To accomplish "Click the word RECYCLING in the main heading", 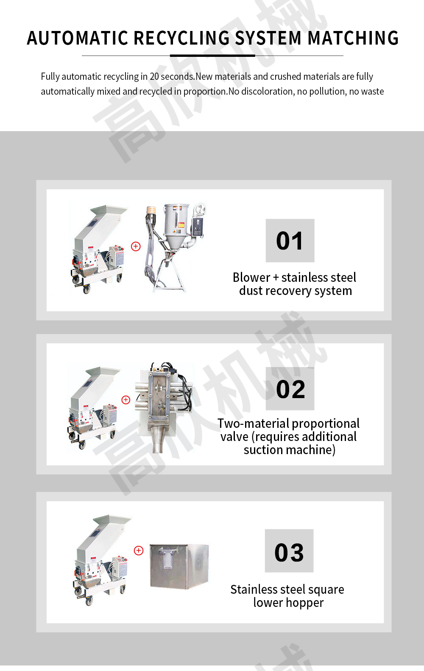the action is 181,38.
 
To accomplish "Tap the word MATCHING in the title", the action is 353,38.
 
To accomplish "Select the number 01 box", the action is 290,241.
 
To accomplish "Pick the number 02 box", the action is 290,388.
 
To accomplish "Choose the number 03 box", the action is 289,551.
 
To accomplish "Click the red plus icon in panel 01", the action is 136,246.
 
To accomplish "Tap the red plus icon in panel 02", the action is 126,400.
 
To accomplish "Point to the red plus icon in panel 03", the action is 139,550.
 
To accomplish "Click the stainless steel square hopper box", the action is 179,567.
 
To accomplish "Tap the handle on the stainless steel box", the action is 169,558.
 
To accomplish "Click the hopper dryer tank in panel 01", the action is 177,227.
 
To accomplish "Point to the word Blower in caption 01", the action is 251,278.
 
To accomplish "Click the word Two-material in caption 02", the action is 253,424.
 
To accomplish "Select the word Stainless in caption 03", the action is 254,589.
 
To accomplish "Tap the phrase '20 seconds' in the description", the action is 172,76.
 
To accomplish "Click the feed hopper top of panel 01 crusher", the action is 108,210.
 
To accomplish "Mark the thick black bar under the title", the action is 212,56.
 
